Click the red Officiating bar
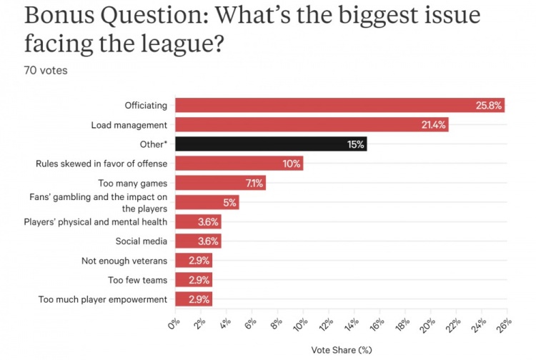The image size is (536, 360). (339, 105)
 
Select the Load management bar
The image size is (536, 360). (312, 124)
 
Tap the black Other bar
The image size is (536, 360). (271, 144)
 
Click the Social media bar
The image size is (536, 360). (198, 241)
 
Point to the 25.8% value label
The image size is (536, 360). (490, 106)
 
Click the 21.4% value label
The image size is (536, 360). (433, 125)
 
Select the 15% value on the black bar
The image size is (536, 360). (356, 144)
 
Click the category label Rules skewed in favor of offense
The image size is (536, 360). (101, 164)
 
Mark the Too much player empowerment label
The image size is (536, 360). (103, 299)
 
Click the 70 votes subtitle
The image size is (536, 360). (46, 70)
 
